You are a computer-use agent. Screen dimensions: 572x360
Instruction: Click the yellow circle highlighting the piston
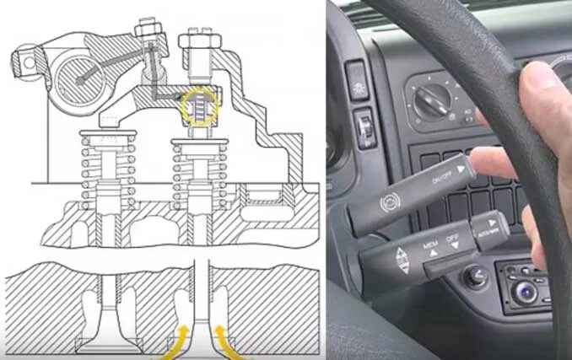(200, 107)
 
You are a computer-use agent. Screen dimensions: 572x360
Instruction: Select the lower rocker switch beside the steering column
(365, 129)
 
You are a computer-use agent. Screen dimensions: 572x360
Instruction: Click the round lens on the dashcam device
(526, 292)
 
